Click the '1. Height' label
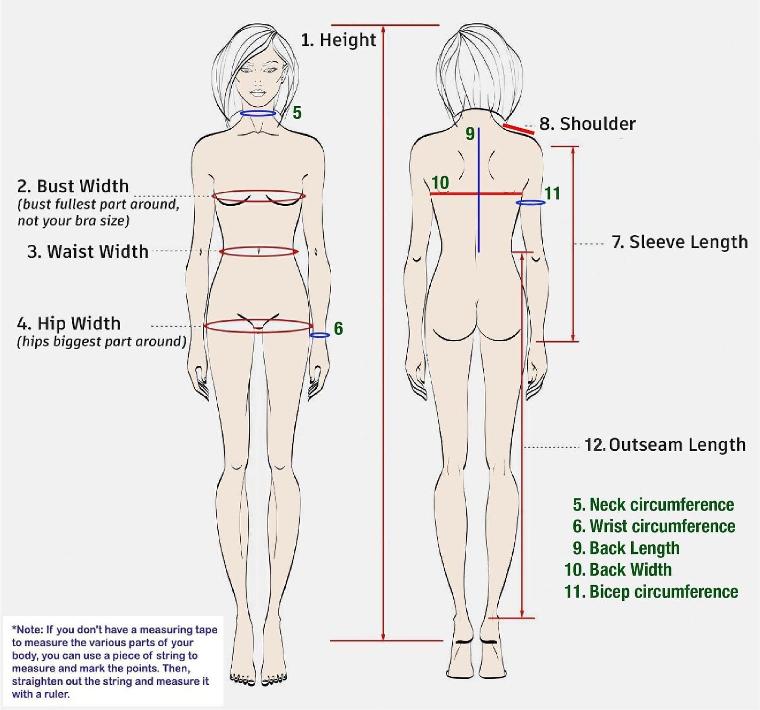tap(338, 40)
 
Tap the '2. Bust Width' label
tap(73, 186)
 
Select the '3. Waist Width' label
tap(88, 252)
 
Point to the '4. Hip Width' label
tap(68, 324)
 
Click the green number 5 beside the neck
tap(297, 113)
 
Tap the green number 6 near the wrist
tap(338, 329)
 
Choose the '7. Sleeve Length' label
tap(680, 242)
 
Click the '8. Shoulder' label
tap(587, 124)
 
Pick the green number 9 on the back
tap(470, 134)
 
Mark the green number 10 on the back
tap(440, 183)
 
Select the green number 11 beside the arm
tap(552, 194)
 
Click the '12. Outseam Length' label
tap(665, 445)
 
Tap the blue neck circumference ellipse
tap(258, 113)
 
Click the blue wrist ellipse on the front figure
tap(319, 335)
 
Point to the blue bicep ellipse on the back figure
tap(530, 203)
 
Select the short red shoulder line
tap(518, 129)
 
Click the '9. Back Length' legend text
tap(626, 548)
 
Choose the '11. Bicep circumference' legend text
tap(651, 592)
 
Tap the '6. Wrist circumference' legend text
tap(654, 527)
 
